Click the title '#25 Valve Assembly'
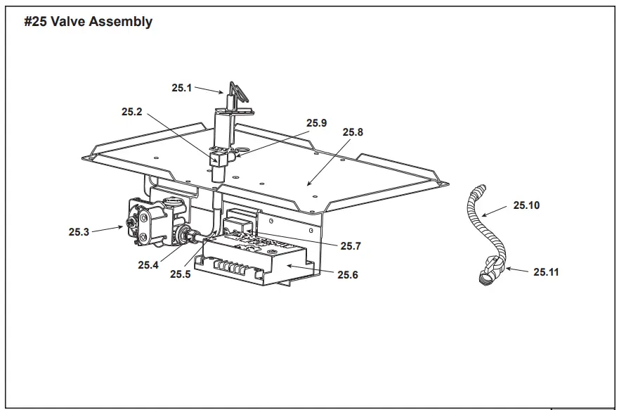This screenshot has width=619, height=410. click(x=88, y=22)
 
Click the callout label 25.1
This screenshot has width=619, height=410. click(x=181, y=88)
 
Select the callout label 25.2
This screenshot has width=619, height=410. click(x=131, y=111)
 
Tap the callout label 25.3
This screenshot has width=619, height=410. click(x=79, y=231)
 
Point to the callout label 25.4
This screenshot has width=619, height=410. click(x=148, y=265)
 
